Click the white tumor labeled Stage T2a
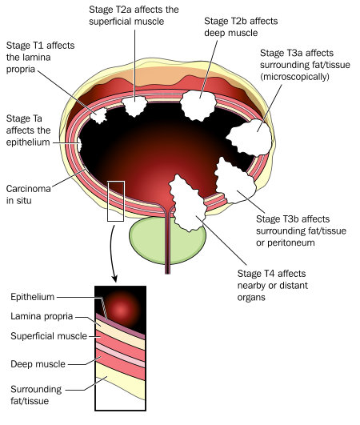(134, 105)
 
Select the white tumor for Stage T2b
(198, 106)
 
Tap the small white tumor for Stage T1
(98, 115)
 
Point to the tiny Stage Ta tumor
(79, 144)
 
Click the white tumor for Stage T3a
(250, 138)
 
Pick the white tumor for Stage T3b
(234, 182)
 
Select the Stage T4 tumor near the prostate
(187, 203)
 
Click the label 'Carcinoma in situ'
(29, 194)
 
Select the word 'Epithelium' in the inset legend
(33, 297)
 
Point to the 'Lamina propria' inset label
(42, 316)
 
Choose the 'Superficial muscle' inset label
(49, 336)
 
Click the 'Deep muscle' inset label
(38, 364)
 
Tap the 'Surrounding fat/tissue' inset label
(36, 395)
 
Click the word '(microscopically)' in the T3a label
(294, 77)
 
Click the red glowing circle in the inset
(121, 309)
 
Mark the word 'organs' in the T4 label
(251, 298)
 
